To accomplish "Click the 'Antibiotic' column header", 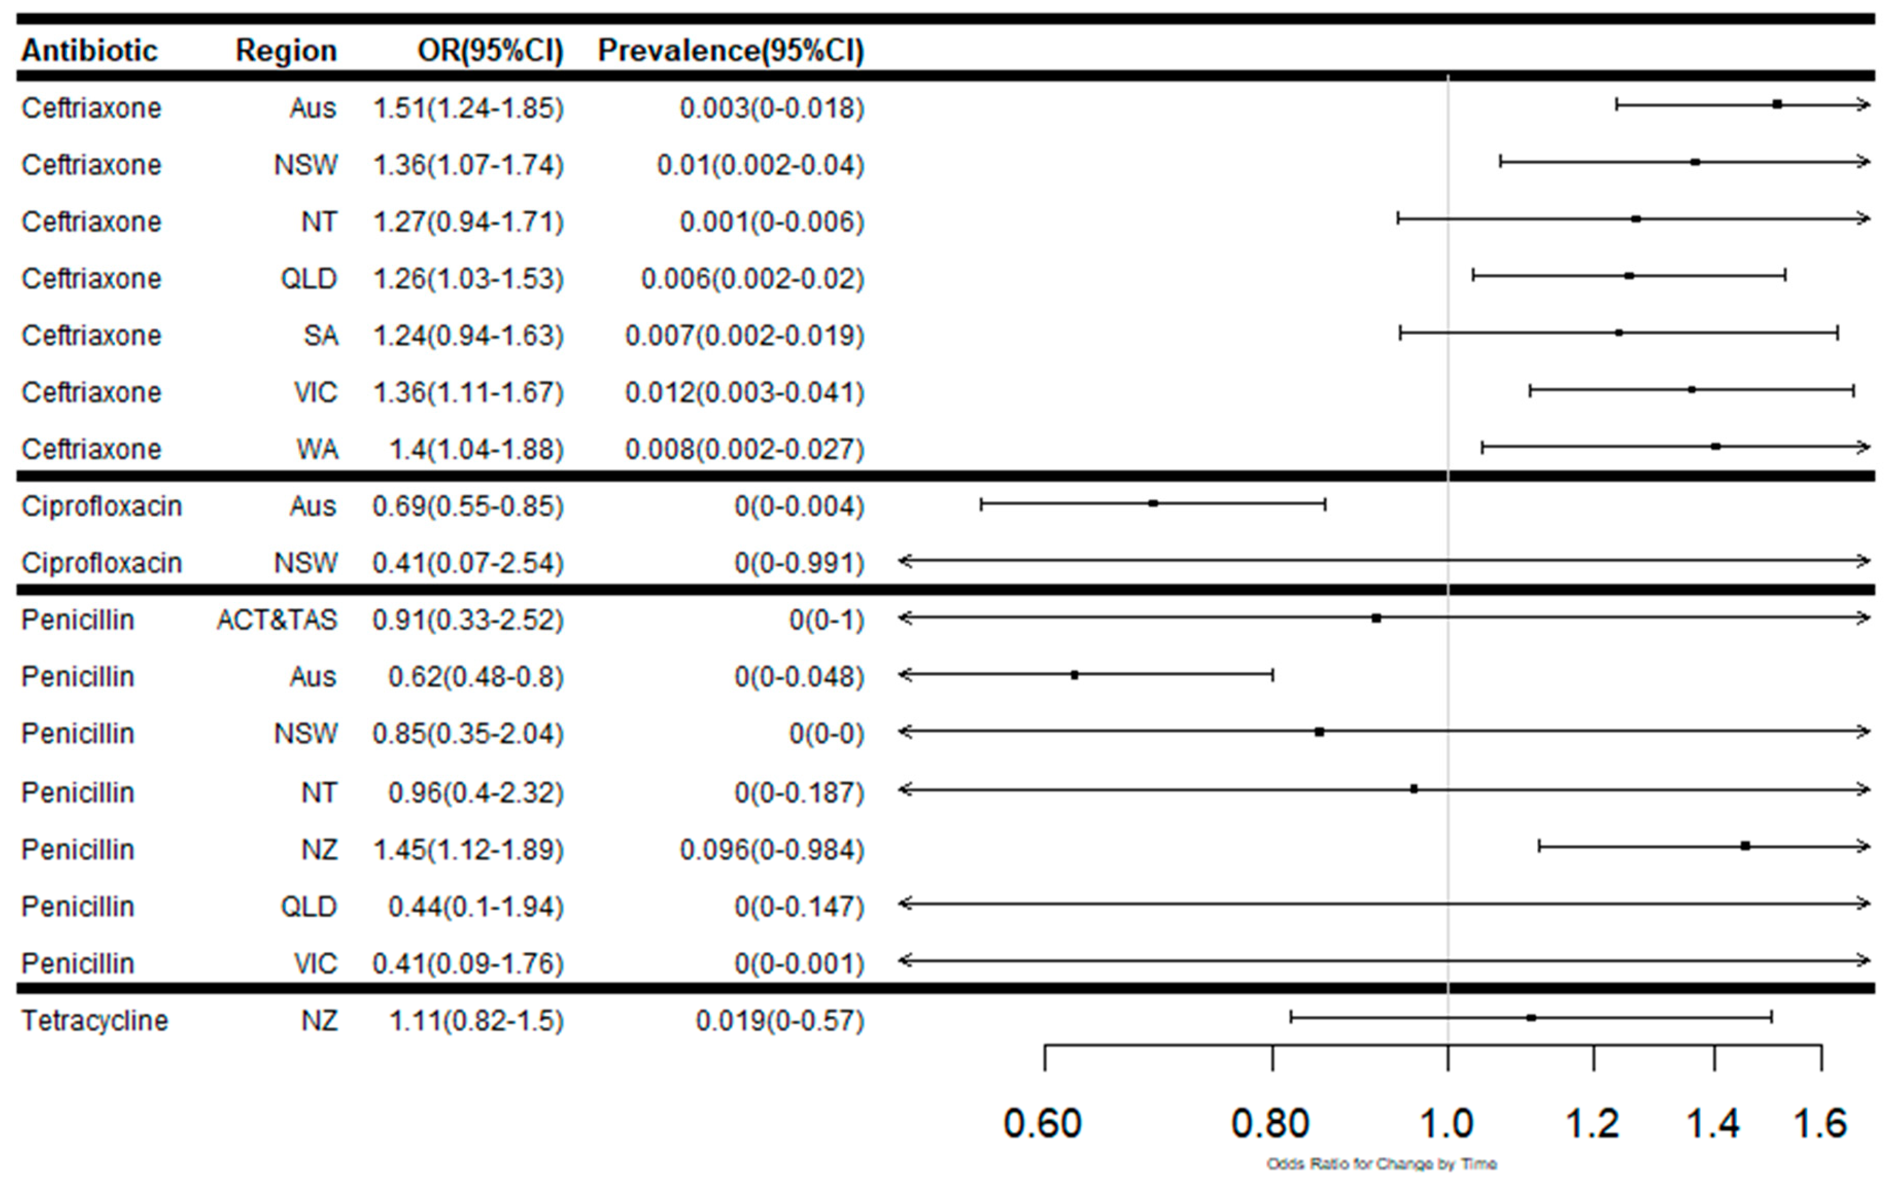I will click(x=89, y=51).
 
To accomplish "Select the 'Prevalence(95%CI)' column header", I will click(x=731, y=51).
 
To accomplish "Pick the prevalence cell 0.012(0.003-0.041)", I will click(x=744, y=392).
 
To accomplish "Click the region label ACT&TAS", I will click(x=277, y=620).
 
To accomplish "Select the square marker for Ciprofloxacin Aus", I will click(x=1153, y=504).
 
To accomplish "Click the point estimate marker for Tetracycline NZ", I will click(x=1531, y=1018).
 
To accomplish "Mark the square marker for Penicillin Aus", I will click(x=1075, y=675).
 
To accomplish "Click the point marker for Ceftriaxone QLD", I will click(x=1629, y=276).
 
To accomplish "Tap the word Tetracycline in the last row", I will click(x=95, y=1021).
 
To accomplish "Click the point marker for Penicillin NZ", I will click(x=1745, y=846).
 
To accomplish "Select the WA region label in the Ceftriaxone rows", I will click(x=317, y=449).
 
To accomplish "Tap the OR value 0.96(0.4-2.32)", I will click(x=475, y=793).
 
